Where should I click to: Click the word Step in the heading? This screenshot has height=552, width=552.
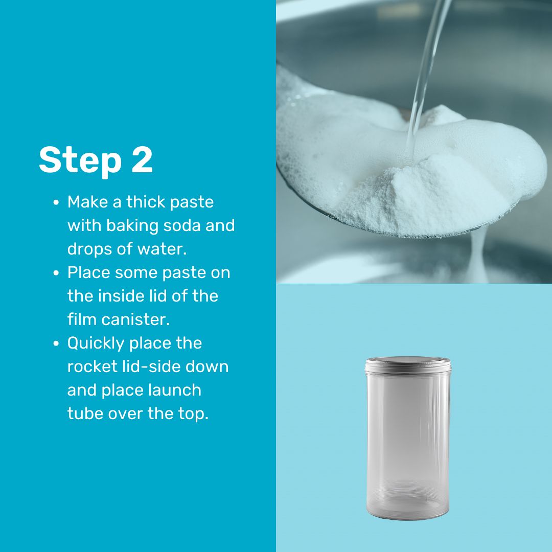tap(80, 160)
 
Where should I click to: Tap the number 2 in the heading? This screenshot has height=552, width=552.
tap(142, 159)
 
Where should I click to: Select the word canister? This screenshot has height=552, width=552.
tap(135, 320)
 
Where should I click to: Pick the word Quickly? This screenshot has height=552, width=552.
tap(96, 343)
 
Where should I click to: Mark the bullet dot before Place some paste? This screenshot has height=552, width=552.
tap(56, 273)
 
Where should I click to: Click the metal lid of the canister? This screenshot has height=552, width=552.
tap(408, 365)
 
